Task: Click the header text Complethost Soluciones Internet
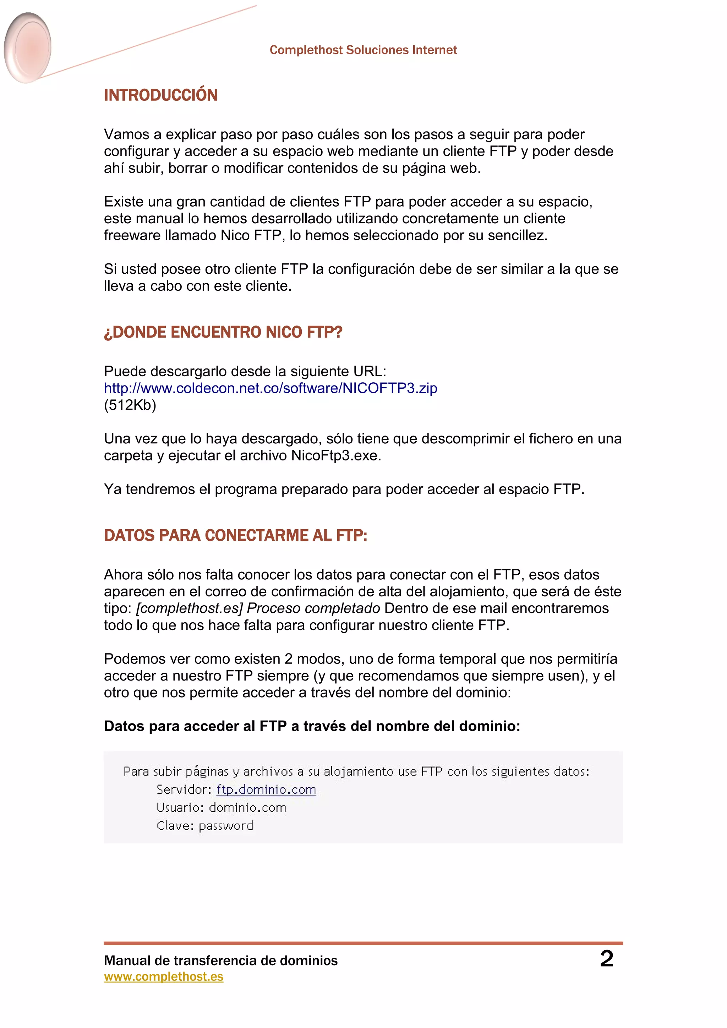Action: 363,50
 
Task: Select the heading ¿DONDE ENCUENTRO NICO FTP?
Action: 223,332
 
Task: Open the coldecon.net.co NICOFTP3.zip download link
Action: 270,388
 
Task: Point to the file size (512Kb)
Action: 130,405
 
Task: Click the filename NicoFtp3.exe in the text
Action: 335,456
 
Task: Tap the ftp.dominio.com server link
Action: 266,789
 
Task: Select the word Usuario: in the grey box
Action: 180,808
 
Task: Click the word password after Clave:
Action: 226,826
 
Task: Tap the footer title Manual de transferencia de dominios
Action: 221,961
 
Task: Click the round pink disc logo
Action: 28,48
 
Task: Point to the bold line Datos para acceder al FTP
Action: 312,726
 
